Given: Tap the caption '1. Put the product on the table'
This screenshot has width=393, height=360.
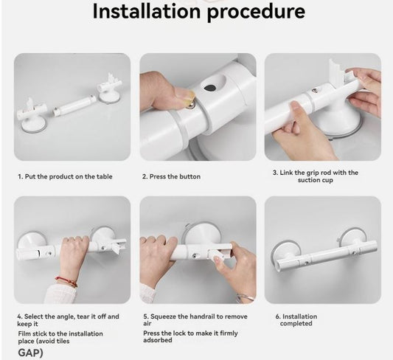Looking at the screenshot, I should pyautogui.click(x=65, y=177).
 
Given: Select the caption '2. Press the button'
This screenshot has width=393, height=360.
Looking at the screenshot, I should pyautogui.click(x=170, y=177).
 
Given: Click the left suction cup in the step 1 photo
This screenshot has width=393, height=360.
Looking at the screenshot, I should pyautogui.click(x=32, y=120).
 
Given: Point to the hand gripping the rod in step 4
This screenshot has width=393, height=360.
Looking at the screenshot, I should pyautogui.click(x=73, y=255).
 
